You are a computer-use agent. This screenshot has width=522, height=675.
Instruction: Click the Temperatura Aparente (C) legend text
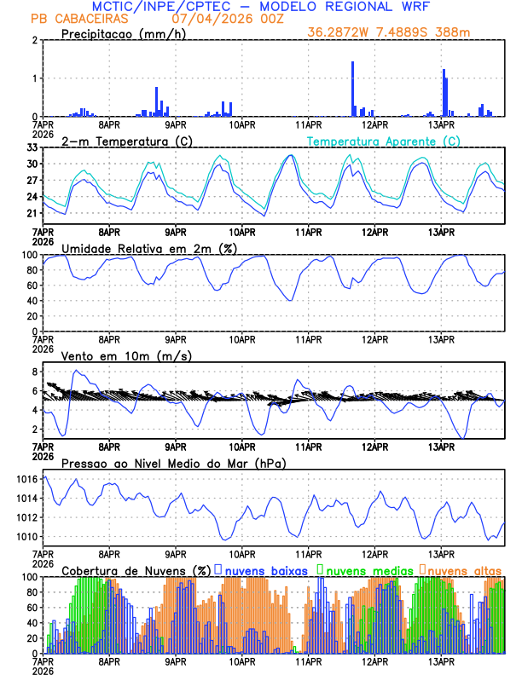point(384,141)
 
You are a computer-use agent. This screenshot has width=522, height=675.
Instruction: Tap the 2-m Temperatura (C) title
point(126,141)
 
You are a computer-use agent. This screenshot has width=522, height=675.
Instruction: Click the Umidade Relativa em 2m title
point(146,248)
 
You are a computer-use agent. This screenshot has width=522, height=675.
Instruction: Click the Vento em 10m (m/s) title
point(126,355)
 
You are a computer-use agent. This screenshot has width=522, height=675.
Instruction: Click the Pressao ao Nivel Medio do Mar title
point(173,464)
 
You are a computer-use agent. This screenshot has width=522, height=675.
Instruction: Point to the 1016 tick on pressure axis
point(24,480)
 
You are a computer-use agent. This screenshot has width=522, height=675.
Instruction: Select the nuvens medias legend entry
point(365,570)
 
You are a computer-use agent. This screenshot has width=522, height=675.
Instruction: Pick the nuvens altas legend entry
point(463,570)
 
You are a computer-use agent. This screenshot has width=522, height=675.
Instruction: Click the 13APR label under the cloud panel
point(440,661)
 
